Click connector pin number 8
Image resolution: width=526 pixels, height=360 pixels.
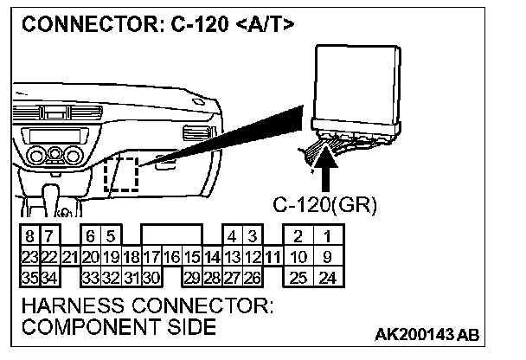coord(30,236)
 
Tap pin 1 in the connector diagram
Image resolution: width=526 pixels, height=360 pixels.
coord(326,236)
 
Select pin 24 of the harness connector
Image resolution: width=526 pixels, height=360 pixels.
coord(326,277)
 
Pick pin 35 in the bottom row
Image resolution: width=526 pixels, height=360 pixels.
coord(30,277)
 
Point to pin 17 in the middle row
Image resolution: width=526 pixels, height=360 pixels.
coord(151,257)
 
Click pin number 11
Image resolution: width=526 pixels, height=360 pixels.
coord(273,257)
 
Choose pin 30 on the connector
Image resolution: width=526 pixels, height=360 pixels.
coord(151,277)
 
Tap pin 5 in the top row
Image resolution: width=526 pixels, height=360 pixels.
coord(110,236)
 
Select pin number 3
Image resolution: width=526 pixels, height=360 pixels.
coord(252,236)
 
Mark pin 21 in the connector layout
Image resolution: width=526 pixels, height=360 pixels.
coord(70,257)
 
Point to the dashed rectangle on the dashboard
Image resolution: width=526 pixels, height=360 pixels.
coord(120,176)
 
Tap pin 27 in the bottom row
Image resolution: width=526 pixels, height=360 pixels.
coord(232,277)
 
